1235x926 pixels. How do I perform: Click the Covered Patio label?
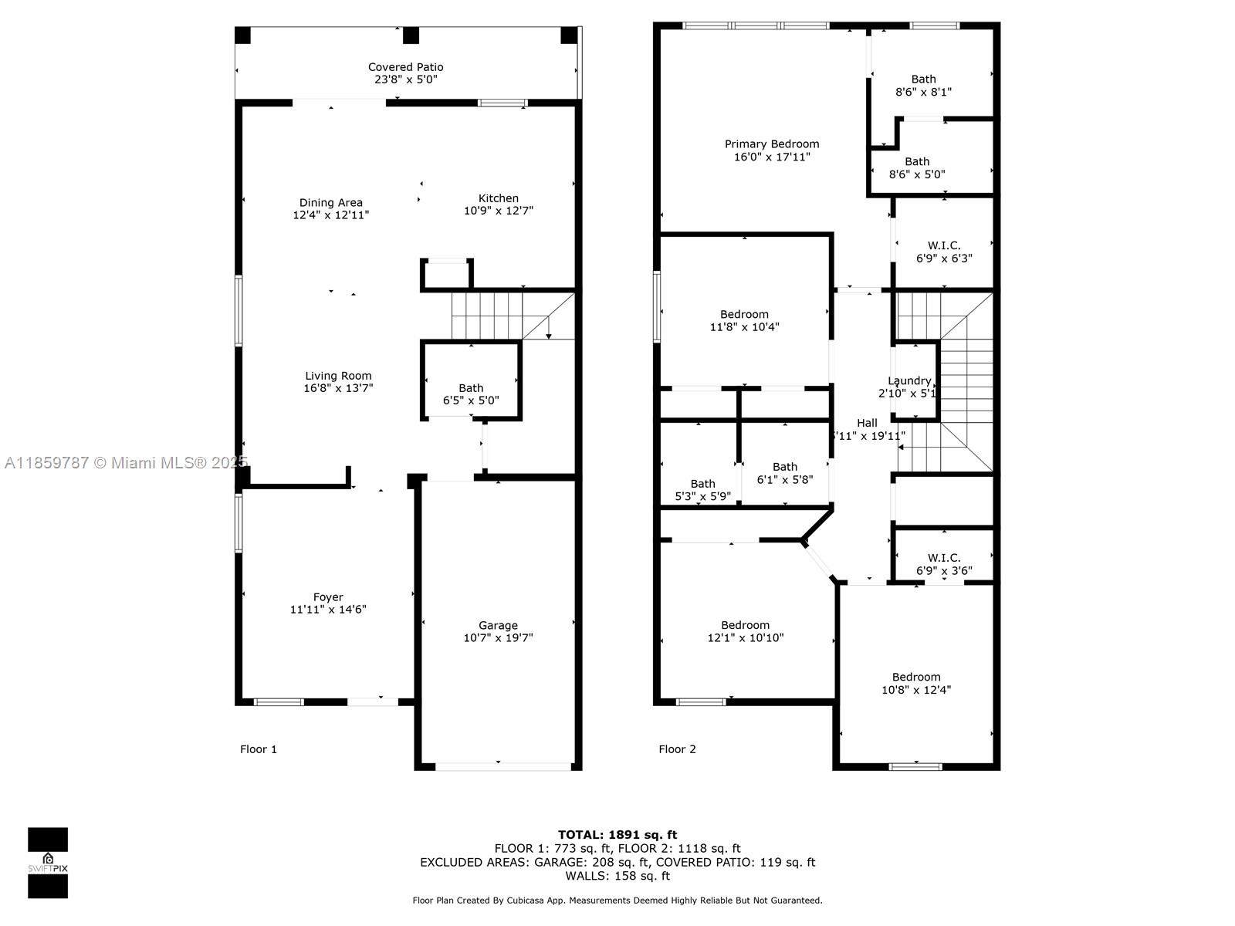click(x=405, y=67)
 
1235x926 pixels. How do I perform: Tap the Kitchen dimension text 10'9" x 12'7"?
click(x=498, y=211)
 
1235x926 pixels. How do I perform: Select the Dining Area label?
click(x=330, y=203)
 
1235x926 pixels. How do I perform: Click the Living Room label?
click(x=338, y=376)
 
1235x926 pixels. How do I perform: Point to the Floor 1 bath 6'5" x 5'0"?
click(x=471, y=394)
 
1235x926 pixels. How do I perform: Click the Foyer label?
click(x=328, y=596)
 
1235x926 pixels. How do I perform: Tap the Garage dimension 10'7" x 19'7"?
click(x=498, y=638)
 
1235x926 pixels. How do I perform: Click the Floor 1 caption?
click(x=258, y=749)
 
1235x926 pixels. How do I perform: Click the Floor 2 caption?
click(x=677, y=749)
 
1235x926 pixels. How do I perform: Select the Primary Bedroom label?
click(x=772, y=144)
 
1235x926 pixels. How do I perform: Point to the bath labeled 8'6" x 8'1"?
click(x=923, y=85)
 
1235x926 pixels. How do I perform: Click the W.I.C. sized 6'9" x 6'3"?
click(x=944, y=252)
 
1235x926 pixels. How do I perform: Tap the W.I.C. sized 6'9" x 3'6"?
click(x=944, y=564)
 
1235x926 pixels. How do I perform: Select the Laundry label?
click(x=909, y=380)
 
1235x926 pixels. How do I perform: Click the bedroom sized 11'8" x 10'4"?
click(x=744, y=320)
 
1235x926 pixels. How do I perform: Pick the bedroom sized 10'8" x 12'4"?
click(x=916, y=683)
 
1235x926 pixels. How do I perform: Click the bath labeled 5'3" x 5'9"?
click(x=702, y=490)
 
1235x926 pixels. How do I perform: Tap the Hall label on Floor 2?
click(x=867, y=423)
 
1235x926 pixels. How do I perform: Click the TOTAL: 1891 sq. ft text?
click(x=617, y=834)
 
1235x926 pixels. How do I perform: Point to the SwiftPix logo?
click(x=48, y=862)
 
